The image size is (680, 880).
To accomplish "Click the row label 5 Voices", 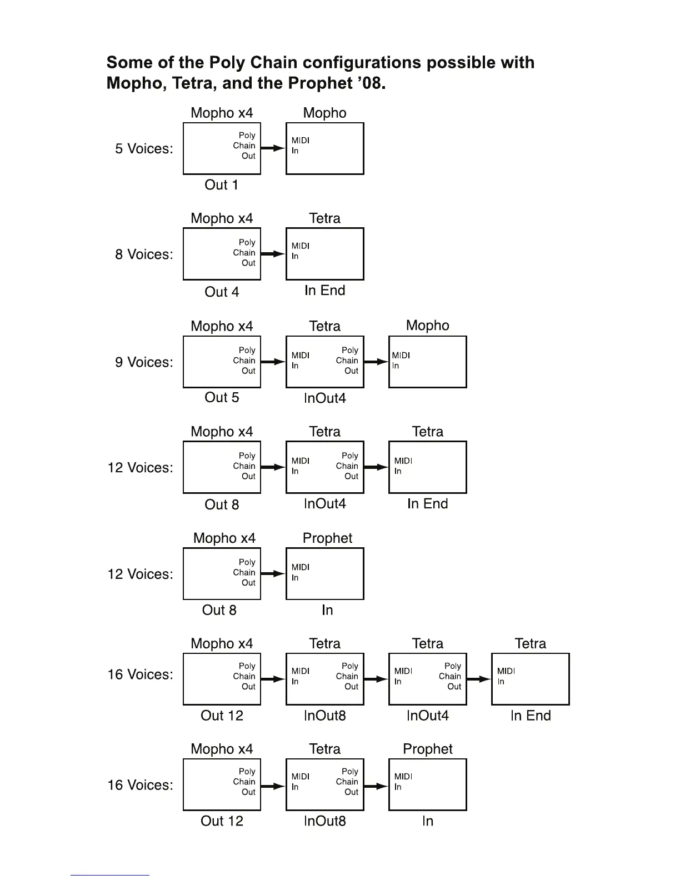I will (x=144, y=149).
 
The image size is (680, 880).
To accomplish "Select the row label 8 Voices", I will (x=144, y=254).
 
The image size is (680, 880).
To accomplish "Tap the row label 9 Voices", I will (x=144, y=362).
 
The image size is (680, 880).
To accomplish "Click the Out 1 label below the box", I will (x=221, y=185).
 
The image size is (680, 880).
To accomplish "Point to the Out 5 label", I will (x=222, y=397).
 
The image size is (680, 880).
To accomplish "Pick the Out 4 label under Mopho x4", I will (x=222, y=292).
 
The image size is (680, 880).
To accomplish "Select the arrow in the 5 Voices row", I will (x=273, y=148).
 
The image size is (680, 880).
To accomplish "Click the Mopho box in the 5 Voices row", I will (x=325, y=149).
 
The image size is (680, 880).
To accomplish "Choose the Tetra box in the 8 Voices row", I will (x=325, y=254).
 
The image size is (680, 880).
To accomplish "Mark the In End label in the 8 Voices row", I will (x=325, y=291).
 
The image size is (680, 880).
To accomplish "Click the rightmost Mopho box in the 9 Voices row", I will (x=428, y=362).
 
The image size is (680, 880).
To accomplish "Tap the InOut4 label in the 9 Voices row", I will (x=325, y=398).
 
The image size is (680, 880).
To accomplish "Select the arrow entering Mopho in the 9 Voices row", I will (x=376, y=362).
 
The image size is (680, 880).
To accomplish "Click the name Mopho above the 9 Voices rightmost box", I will (x=428, y=326).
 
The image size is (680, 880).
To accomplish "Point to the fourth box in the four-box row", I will (x=531, y=679).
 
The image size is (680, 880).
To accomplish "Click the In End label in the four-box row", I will (x=531, y=716).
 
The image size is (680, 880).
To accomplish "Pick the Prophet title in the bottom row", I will (x=428, y=749).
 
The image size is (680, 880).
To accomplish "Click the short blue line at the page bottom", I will (x=110, y=875).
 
